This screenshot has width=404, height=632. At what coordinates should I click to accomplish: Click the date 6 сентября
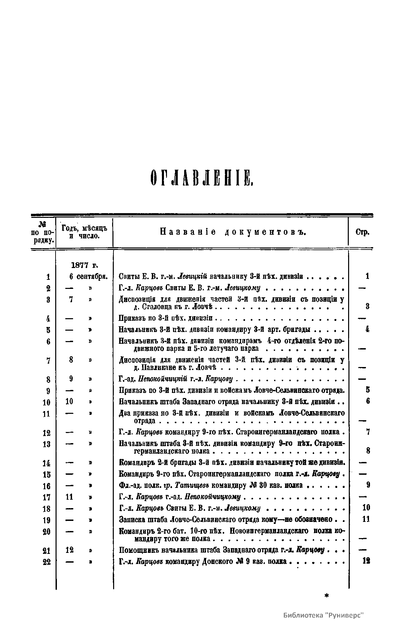pos(88,277)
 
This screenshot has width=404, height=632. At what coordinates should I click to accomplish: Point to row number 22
pos(47,562)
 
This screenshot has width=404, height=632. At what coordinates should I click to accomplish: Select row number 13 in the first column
pos(47,444)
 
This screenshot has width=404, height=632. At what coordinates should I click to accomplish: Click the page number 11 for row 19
pos(366,519)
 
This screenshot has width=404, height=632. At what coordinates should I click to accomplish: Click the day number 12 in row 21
pos(69,550)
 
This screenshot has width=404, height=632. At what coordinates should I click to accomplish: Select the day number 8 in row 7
pos(71,360)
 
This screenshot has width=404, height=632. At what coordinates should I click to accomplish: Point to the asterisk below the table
pos(326,596)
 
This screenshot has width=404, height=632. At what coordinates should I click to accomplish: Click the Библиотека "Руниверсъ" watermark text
pos(324,615)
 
